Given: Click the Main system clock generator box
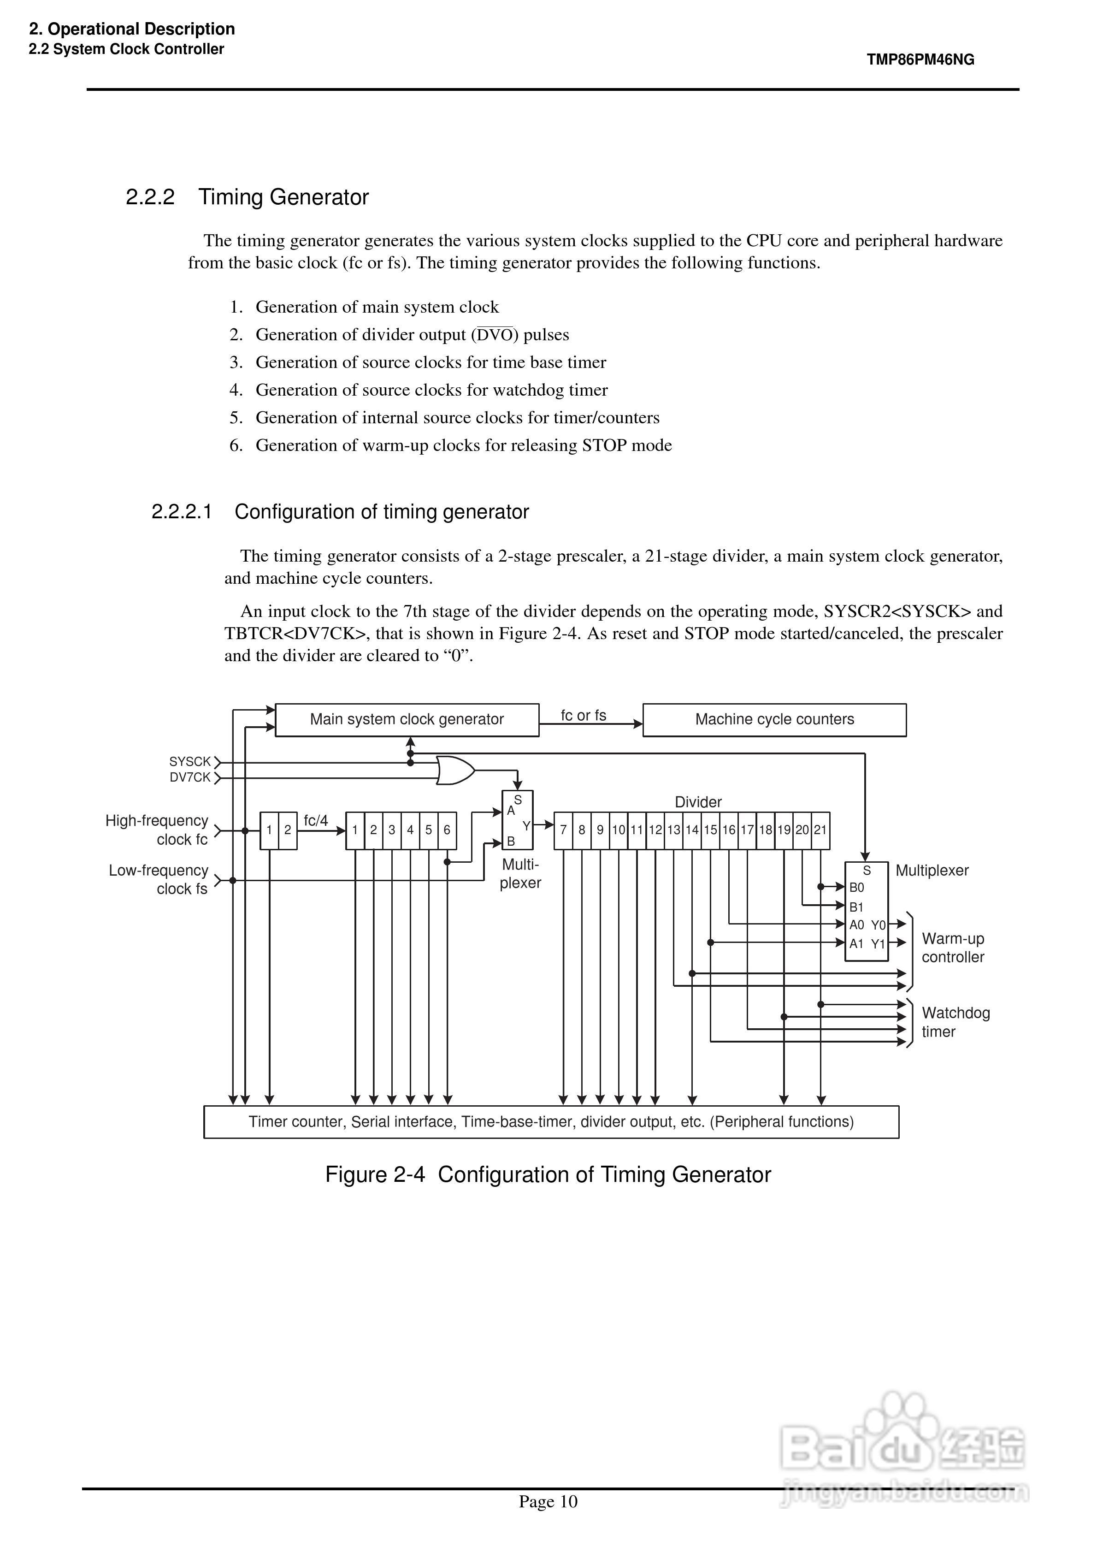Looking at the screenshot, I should coord(407,720).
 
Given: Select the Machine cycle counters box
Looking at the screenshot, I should coord(774,720).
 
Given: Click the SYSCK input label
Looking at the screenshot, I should coord(190,762).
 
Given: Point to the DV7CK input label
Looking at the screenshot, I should coord(190,778).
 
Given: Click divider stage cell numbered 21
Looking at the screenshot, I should coord(820,830).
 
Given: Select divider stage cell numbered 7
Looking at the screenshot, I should coord(563,830).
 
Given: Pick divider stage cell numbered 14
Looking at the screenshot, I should coord(692,830).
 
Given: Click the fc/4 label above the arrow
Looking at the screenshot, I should coord(316,820).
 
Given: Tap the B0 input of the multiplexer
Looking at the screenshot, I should coord(857,888).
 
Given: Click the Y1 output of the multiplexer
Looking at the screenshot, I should coord(878,943).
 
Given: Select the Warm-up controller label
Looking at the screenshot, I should coord(953,948).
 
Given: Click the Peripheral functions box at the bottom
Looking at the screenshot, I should coord(551,1122).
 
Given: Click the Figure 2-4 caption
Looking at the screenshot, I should coord(548,1175).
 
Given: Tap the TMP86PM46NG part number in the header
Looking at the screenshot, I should coord(920,59).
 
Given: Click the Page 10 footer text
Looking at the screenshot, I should coord(548,1502).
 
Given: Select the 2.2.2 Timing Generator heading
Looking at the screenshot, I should coord(247,197).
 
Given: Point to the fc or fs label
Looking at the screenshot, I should coord(583,715).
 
